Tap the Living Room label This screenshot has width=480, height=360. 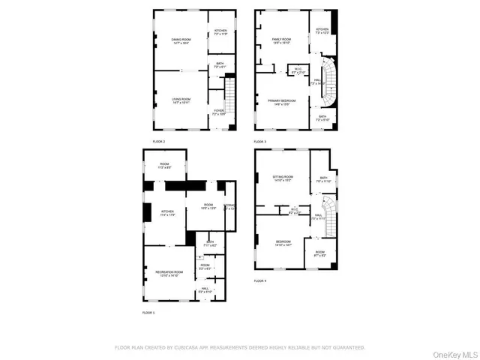tap(180, 100)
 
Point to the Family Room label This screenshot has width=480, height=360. tap(281, 41)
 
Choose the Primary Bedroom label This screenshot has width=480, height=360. tap(282, 101)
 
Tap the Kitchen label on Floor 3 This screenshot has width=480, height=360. tap(322, 31)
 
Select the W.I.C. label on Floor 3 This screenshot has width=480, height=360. tap(298, 71)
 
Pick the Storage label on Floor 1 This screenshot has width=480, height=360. tap(229, 206)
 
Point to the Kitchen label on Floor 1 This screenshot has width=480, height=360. tap(167, 214)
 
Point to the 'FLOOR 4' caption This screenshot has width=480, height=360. tap(260, 280)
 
